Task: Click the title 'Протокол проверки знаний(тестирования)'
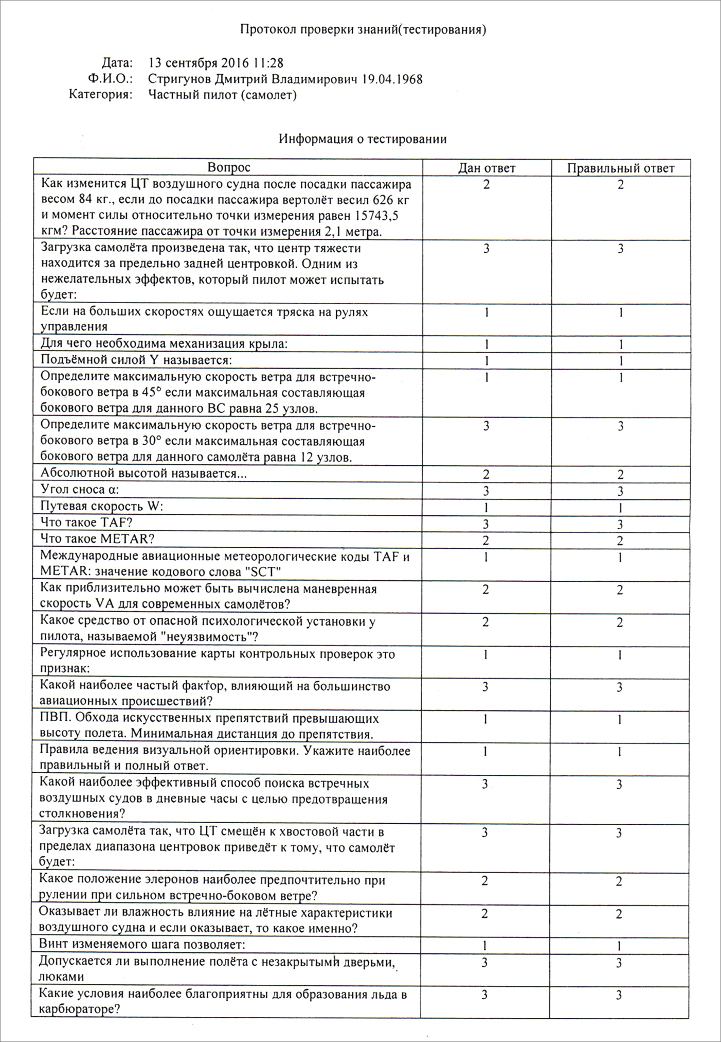pyautogui.click(x=363, y=30)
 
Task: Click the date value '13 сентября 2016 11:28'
pyautogui.click(x=215, y=63)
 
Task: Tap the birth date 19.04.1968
pyautogui.click(x=392, y=79)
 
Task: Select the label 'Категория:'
pyautogui.click(x=101, y=95)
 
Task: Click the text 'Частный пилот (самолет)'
pyautogui.click(x=222, y=95)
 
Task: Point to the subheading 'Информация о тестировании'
pyautogui.click(x=363, y=139)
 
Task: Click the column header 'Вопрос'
pyautogui.click(x=229, y=167)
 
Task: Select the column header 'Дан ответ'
pyautogui.click(x=486, y=168)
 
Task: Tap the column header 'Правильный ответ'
pyautogui.click(x=620, y=168)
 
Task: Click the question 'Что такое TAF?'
pyautogui.click(x=86, y=523)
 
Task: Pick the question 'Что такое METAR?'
pyautogui.click(x=97, y=539)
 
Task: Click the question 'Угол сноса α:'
pyautogui.click(x=80, y=490)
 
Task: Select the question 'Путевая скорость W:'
pyautogui.click(x=101, y=506)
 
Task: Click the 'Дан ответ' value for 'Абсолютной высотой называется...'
pyautogui.click(x=486, y=474)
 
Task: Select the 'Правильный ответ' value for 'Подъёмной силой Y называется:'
pyautogui.click(x=621, y=361)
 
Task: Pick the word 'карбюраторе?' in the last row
pyautogui.click(x=80, y=1010)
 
